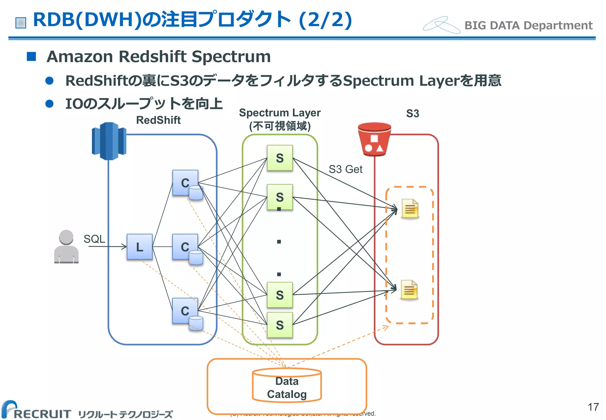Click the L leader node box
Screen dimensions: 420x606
[139, 247]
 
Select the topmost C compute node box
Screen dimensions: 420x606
[185, 183]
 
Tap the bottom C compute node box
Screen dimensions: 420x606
[185, 311]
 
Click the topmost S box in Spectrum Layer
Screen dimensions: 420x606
[280, 158]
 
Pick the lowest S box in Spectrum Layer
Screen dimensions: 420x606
[280, 325]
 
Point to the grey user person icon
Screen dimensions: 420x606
[66, 247]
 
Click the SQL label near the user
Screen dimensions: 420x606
[94, 239]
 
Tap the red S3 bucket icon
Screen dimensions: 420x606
[374, 139]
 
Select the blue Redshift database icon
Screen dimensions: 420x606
[109, 141]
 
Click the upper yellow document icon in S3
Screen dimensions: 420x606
[410, 209]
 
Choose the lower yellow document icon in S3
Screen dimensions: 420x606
[409, 290]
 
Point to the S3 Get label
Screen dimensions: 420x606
[345, 169]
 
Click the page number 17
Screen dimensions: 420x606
[593, 407]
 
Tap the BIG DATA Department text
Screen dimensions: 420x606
[528, 25]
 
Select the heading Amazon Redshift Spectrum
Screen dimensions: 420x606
[159, 56]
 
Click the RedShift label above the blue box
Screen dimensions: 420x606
[158, 120]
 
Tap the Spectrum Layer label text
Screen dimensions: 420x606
[280, 113]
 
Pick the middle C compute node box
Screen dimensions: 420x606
[185, 247]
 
